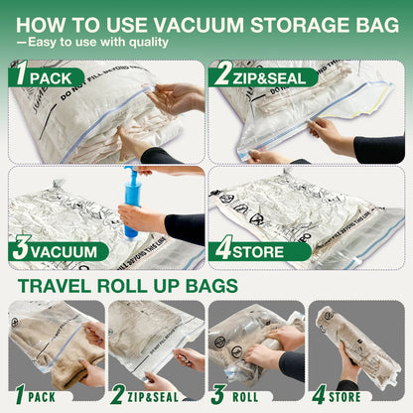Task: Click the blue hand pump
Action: (129, 204)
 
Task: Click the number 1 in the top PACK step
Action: (19, 75)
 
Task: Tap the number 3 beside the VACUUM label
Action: (19, 250)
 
